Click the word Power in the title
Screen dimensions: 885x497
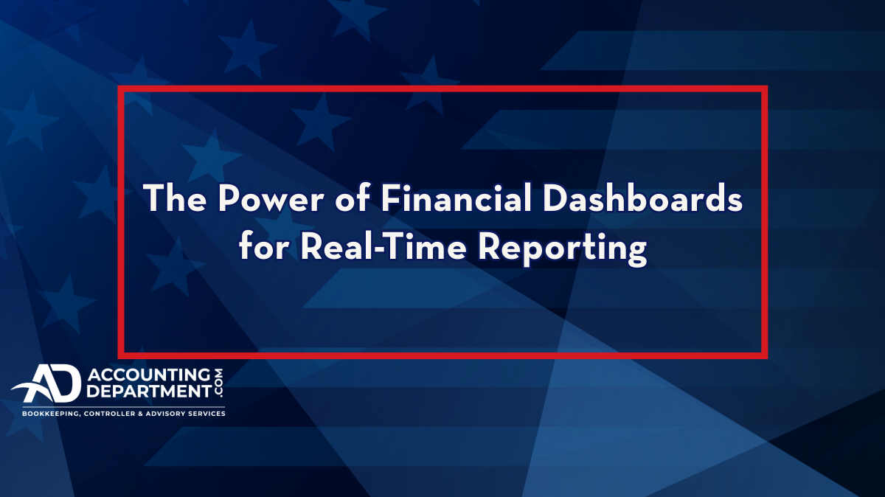270,198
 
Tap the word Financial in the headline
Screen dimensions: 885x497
457,198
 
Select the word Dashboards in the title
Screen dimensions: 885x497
643,198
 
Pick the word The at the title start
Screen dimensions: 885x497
175,198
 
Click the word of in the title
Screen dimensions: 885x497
353,198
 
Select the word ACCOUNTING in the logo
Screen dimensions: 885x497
148,375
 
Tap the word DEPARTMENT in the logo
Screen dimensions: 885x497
148,392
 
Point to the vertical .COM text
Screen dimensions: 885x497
218,383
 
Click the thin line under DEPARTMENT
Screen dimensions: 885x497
124,407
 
